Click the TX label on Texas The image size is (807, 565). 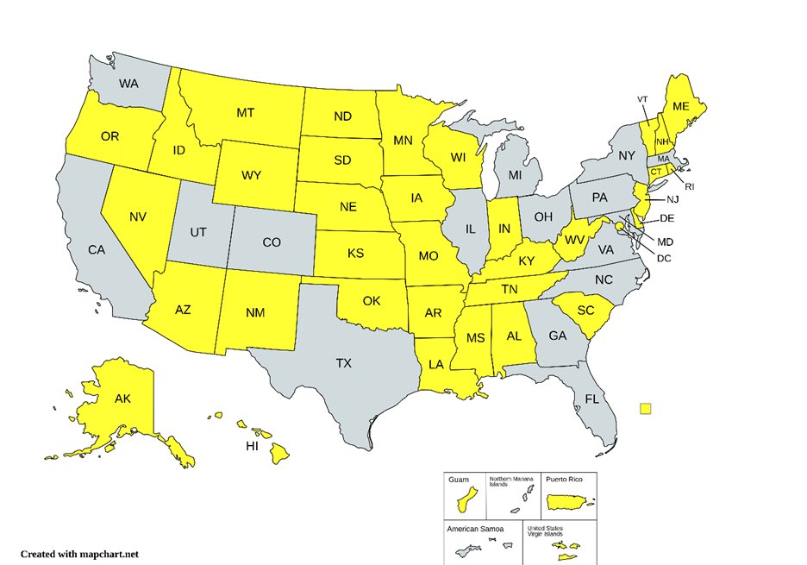(x=343, y=363)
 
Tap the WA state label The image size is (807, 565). (x=128, y=84)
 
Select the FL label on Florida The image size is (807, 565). (x=591, y=399)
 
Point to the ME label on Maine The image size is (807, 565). (x=681, y=106)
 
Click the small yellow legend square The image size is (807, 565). (x=646, y=409)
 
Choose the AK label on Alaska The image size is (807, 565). (x=122, y=399)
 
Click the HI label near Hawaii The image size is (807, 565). (x=252, y=446)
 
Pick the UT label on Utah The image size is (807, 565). (x=198, y=233)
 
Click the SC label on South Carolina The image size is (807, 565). (x=586, y=311)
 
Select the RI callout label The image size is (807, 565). (x=690, y=186)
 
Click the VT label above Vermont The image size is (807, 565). (x=642, y=99)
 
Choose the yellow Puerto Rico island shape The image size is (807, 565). (x=568, y=500)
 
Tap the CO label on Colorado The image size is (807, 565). (x=272, y=242)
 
